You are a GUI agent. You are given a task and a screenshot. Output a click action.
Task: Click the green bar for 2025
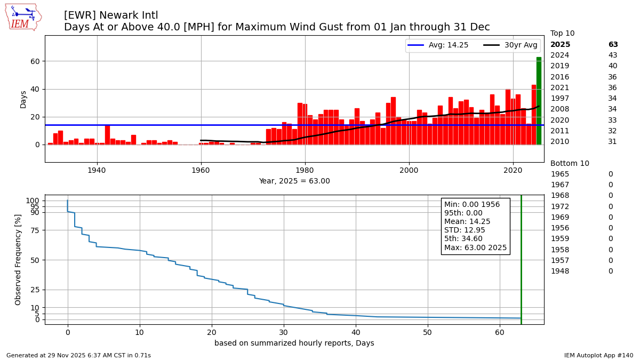(539, 101)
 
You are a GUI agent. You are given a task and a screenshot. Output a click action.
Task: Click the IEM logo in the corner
(23, 17)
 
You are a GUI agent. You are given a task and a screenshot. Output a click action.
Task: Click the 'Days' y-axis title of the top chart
(23, 99)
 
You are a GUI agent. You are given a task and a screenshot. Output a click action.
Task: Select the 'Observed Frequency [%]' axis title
(18, 259)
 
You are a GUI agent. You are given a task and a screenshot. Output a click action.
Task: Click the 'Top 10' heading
(562, 34)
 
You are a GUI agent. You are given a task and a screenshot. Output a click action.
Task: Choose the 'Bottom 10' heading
(570, 164)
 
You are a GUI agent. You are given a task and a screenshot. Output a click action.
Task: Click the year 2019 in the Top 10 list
(559, 66)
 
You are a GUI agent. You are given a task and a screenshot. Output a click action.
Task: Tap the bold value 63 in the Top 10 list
(613, 45)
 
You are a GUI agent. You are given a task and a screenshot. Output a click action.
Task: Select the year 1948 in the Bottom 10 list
(559, 271)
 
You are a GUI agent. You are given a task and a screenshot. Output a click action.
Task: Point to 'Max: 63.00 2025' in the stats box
(475, 247)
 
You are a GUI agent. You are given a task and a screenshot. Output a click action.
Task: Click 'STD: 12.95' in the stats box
(465, 230)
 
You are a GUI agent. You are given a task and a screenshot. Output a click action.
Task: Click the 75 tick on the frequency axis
(35, 230)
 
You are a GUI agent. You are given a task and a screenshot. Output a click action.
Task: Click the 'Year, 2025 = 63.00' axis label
(294, 181)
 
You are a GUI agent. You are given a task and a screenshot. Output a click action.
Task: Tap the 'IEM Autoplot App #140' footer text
(598, 355)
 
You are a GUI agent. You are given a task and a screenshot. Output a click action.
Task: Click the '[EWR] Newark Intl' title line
(111, 15)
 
